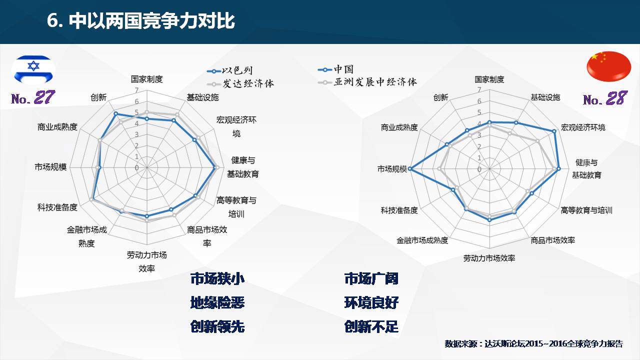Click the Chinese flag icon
[609, 66]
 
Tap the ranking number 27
[44, 97]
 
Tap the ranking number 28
[616, 98]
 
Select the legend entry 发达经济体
[240, 83]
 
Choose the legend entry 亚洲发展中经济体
[367, 82]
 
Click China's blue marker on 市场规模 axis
[409, 169]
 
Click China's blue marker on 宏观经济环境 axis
[554, 131]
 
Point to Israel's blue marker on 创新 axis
[115, 113]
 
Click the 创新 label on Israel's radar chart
[98, 97]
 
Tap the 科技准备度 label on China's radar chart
[399, 210]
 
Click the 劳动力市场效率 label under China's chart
[489, 258]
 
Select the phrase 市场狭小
[217, 278]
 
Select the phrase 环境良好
[371, 302]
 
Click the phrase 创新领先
[217, 326]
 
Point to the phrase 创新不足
[371, 326]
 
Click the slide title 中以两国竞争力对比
[151, 21]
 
